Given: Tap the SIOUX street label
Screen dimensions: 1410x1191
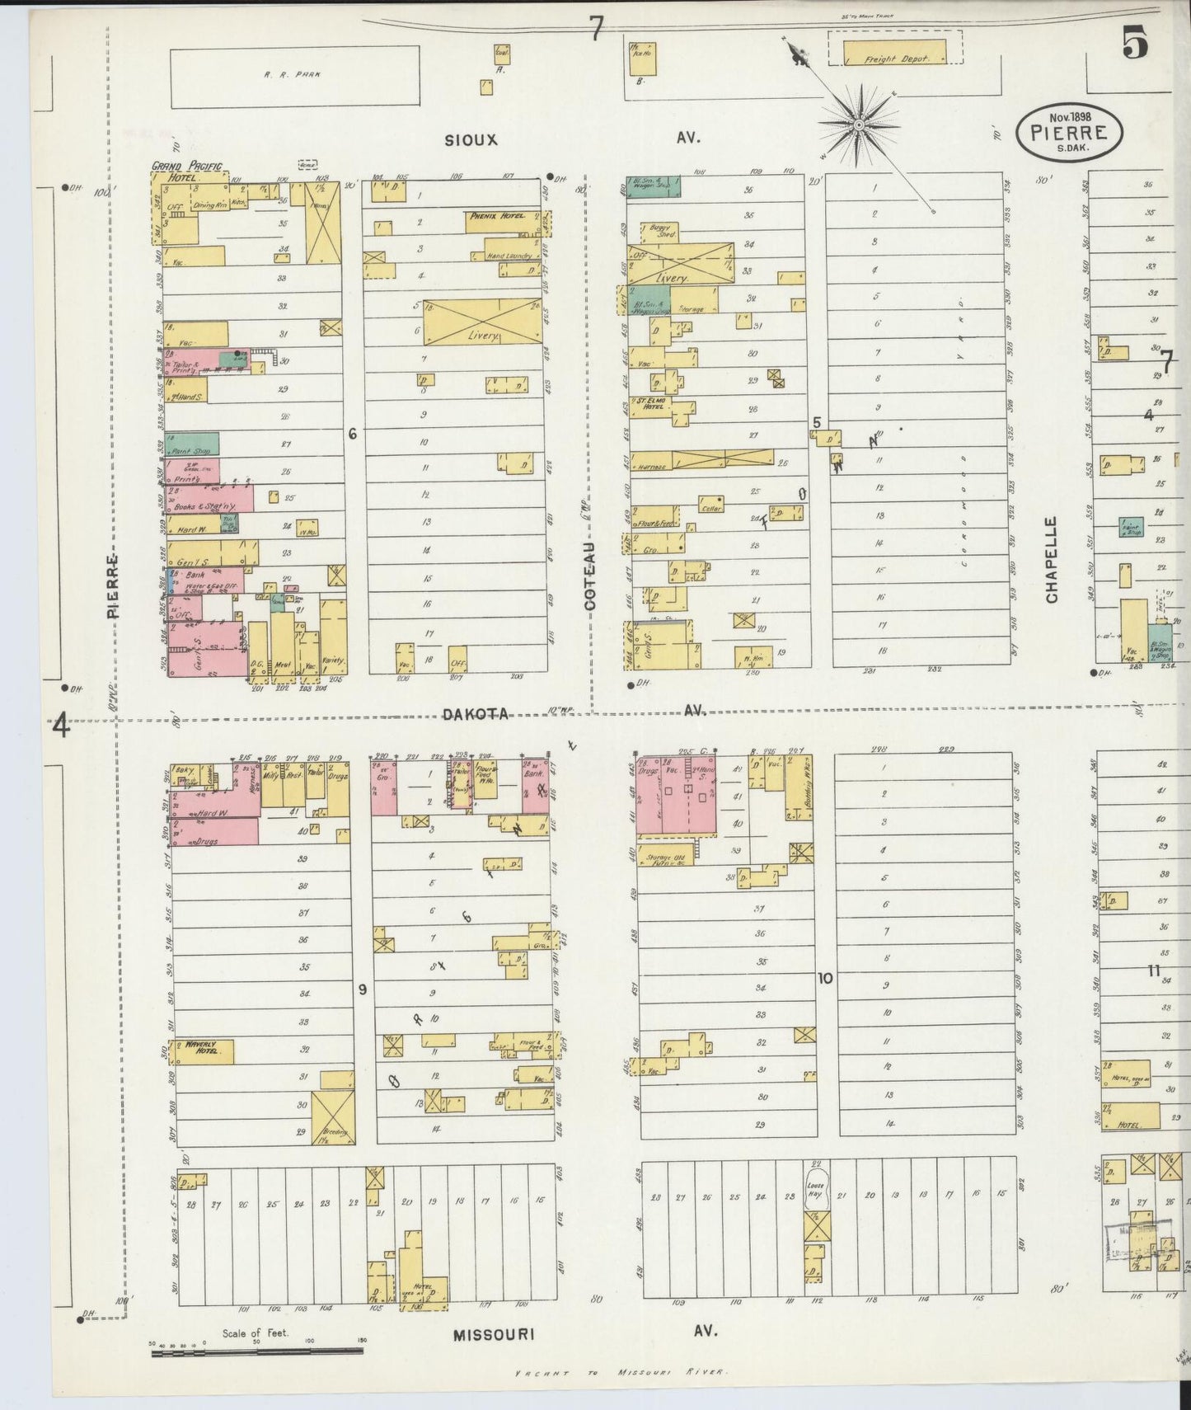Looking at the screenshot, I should click(x=471, y=139).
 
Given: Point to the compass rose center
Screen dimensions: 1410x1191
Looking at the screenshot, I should click(x=858, y=125).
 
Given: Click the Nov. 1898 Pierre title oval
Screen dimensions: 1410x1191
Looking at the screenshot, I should click(x=1069, y=132).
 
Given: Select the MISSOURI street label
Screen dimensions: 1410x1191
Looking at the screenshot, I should click(x=494, y=1334).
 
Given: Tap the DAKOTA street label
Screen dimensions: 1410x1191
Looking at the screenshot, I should click(x=476, y=714).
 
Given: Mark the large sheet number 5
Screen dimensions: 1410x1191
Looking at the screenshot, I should click(x=1135, y=45).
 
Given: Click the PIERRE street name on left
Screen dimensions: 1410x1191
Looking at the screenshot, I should click(x=112, y=585).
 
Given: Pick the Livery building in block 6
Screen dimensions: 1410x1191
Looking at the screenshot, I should click(x=483, y=322).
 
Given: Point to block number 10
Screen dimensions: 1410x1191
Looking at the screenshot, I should click(x=825, y=979).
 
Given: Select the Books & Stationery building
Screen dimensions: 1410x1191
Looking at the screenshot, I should click(x=209, y=499).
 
